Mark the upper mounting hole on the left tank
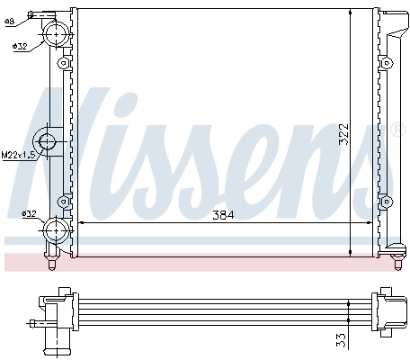tap(63, 64)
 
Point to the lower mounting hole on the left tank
tap(63, 200)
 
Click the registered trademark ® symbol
tap(398, 130)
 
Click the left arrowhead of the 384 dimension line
tap(84, 221)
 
